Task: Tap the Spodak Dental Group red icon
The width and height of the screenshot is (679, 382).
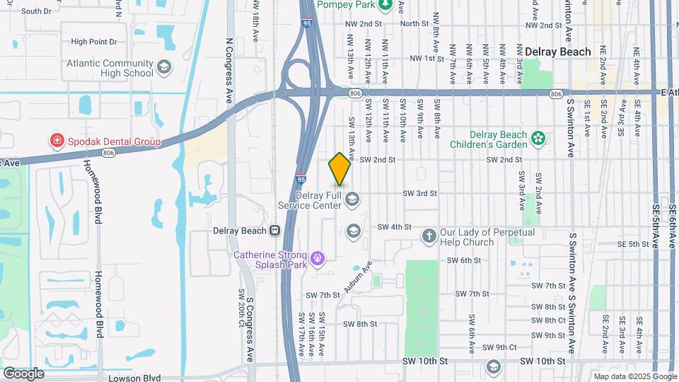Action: click(56, 141)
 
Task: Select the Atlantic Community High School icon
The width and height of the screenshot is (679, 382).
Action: click(164, 67)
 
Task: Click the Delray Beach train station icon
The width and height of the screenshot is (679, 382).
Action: click(274, 231)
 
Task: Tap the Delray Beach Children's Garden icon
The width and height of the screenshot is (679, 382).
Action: click(538, 139)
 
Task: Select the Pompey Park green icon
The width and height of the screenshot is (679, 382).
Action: click(385, 6)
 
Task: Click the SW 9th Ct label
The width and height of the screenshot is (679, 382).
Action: click(502, 347)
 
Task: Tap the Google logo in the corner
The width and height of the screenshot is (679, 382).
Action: click(23, 373)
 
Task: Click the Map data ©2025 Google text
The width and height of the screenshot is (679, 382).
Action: click(634, 377)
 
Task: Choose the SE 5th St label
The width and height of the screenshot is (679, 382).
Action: click(633, 244)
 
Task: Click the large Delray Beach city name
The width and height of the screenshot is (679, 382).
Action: click(558, 52)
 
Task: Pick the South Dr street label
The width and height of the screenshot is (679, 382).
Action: click(36, 11)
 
